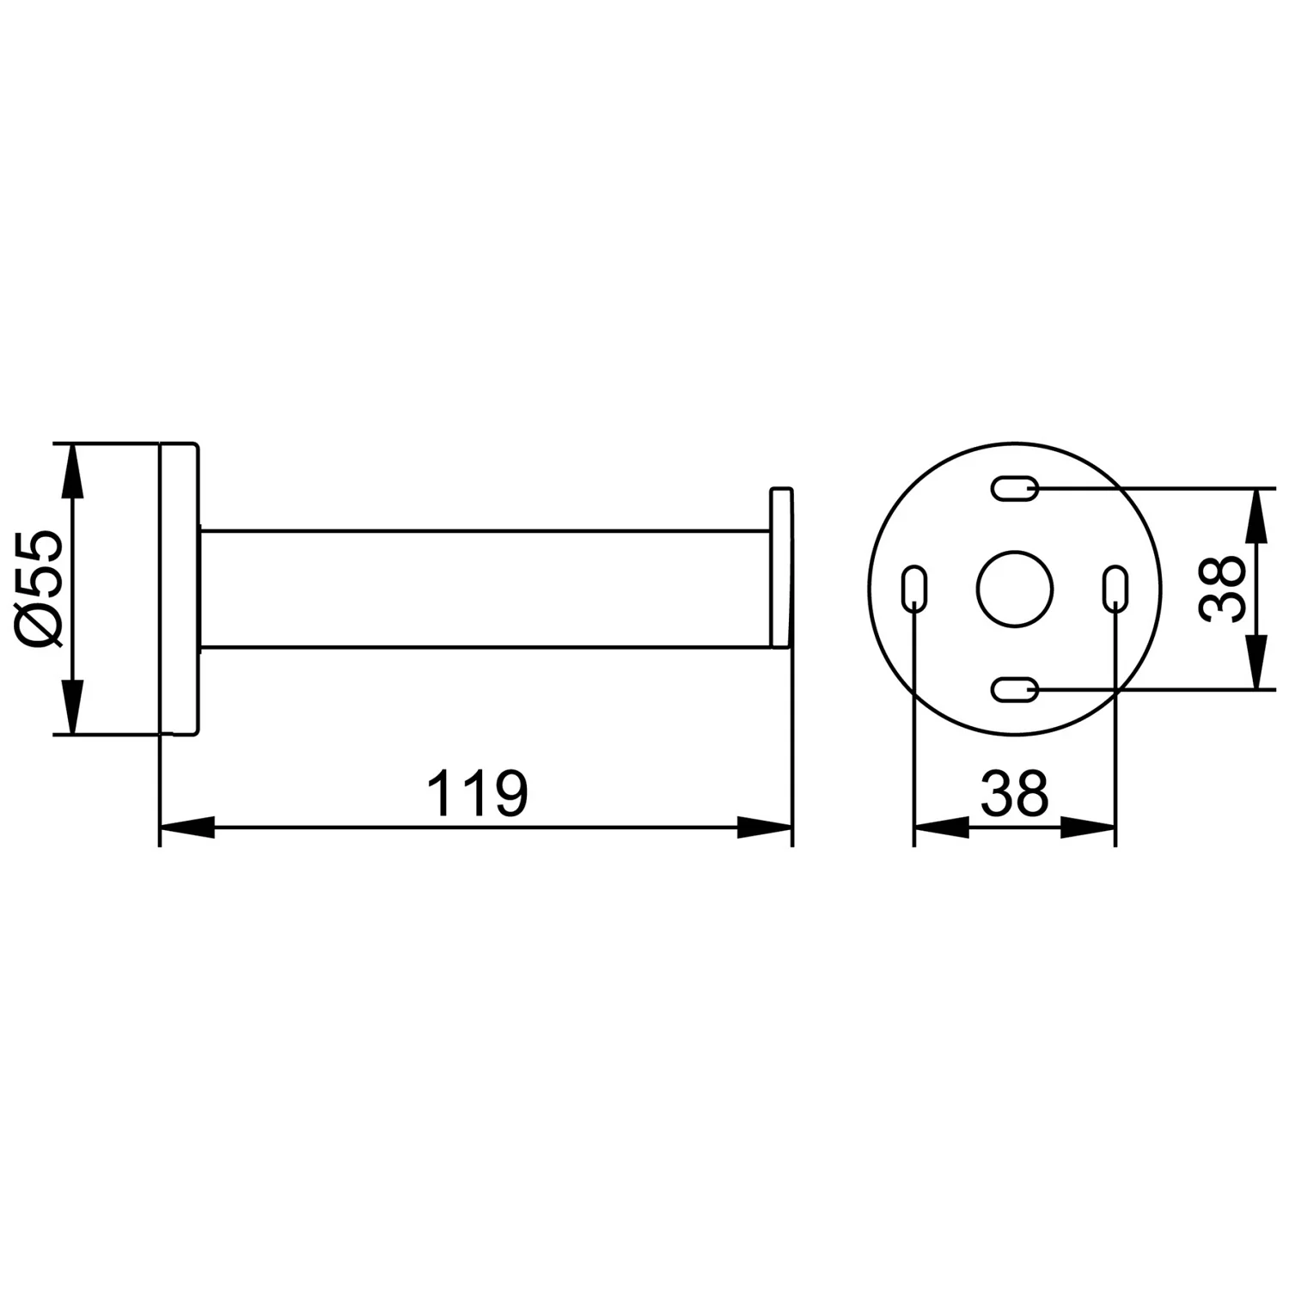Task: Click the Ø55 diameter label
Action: tap(40, 589)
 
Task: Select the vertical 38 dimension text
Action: tap(1221, 589)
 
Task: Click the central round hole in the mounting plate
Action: tap(1014, 589)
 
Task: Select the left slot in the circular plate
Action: tap(914, 589)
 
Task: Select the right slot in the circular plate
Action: tap(1115, 589)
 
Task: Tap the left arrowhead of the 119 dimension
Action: tap(186, 828)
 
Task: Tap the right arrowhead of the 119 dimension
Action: tap(765, 828)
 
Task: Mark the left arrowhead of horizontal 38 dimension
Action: tap(940, 828)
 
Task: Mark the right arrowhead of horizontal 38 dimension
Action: tap(1089, 828)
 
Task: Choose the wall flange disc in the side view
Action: tap(180, 589)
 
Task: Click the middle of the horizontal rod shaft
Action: tap(486, 589)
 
